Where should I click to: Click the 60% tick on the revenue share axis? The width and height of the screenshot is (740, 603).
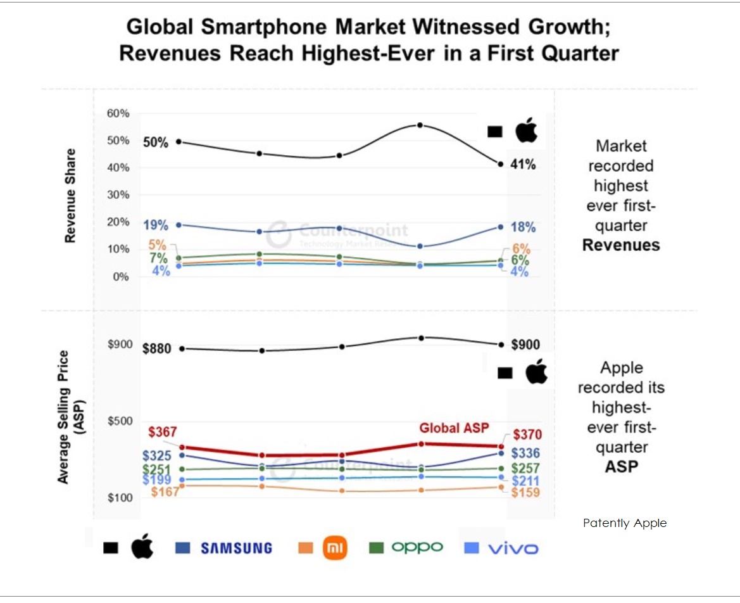point(118,113)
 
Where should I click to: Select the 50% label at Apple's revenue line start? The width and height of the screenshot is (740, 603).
point(155,143)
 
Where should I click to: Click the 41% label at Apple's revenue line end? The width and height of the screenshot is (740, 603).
point(523,165)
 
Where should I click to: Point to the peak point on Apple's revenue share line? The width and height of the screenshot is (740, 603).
point(420,125)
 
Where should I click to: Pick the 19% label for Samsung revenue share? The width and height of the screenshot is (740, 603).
point(155,225)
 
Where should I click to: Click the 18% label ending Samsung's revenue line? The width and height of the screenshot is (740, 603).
point(523,227)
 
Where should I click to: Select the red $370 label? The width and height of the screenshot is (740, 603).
point(527,435)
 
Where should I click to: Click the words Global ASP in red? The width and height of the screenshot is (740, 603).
point(454,428)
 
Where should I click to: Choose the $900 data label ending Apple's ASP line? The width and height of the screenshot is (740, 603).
point(526,345)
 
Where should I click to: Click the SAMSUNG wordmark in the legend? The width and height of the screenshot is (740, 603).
point(237,549)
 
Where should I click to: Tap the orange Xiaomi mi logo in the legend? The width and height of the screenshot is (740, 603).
point(335,548)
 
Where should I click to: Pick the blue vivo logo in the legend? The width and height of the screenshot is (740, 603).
point(513,548)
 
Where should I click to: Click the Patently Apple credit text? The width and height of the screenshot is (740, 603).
point(625,523)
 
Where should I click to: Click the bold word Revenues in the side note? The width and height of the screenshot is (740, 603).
point(621,245)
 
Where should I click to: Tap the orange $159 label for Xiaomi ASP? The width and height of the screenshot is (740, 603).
point(525,493)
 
